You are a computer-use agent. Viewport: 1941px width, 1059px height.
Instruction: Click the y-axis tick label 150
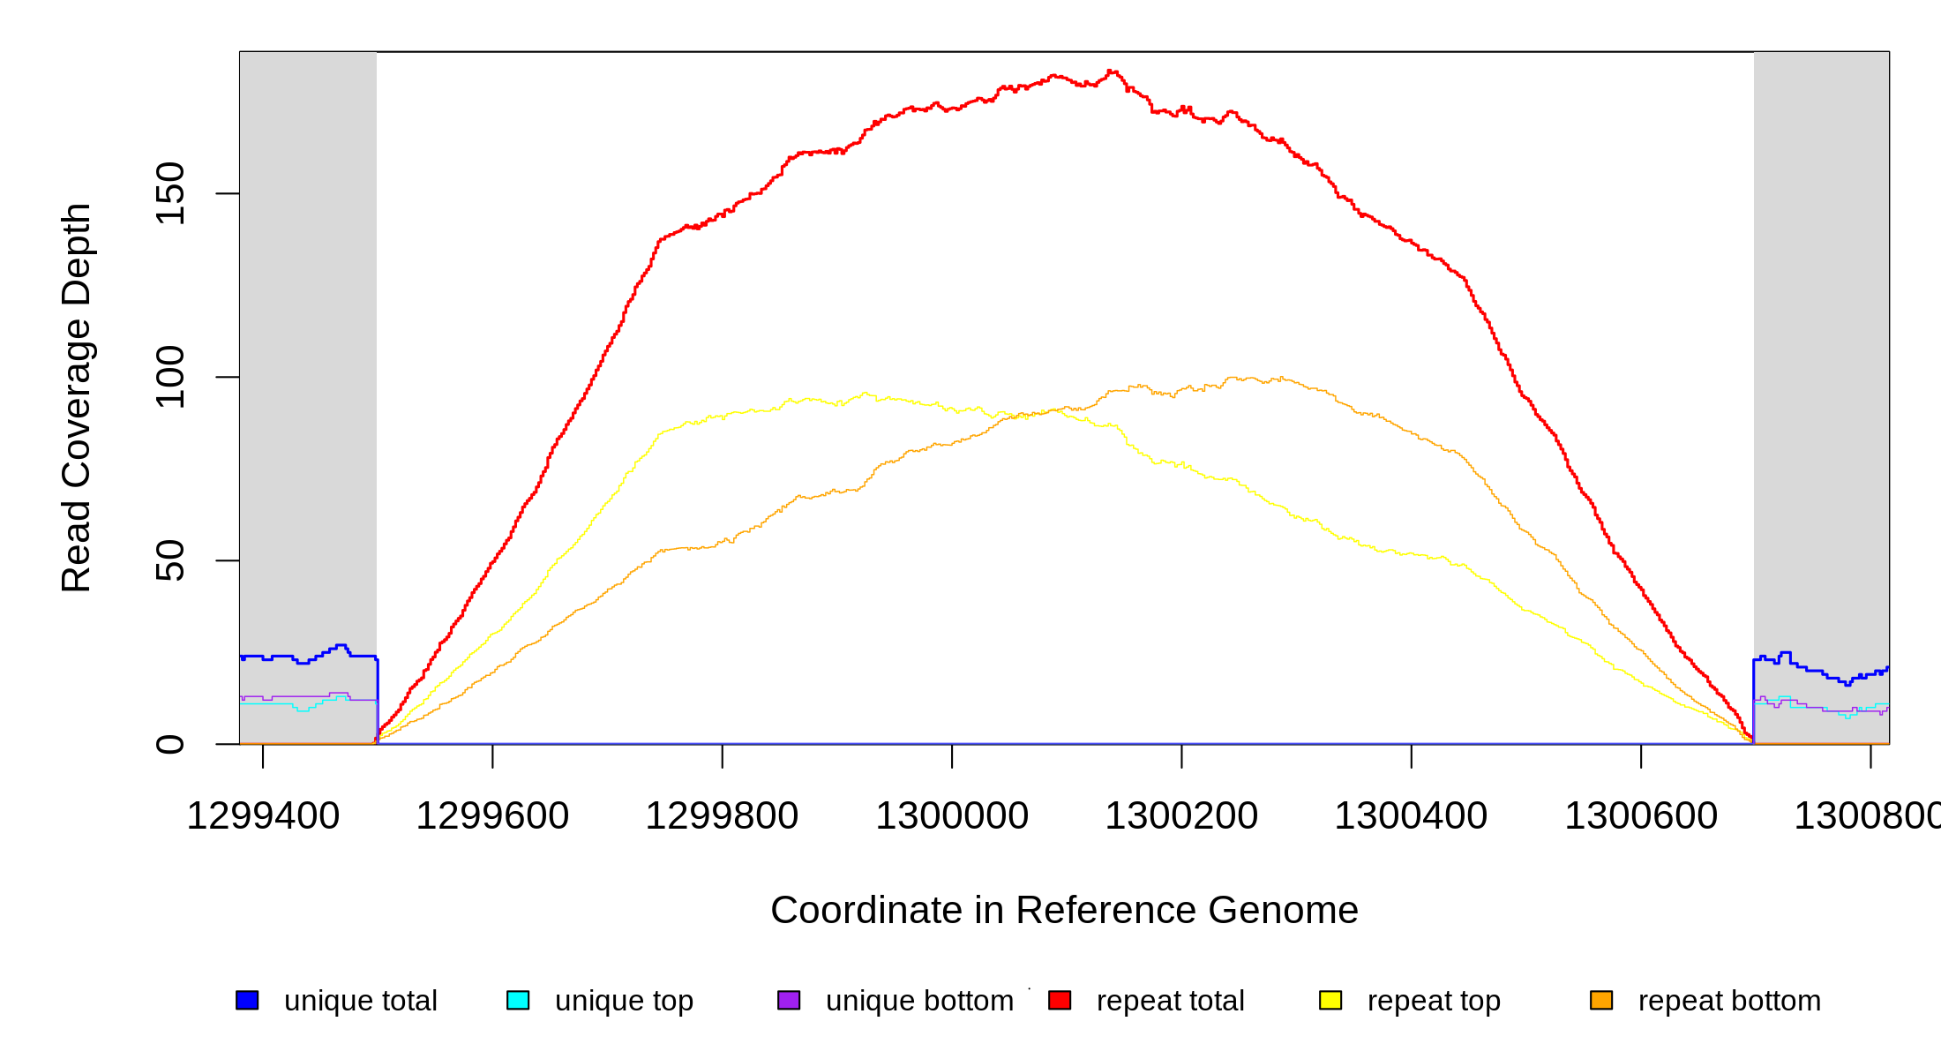pos(169,193)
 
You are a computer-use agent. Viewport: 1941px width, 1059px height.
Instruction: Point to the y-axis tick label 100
pos(169,377)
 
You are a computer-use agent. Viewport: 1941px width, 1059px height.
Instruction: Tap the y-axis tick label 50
pos(169,560)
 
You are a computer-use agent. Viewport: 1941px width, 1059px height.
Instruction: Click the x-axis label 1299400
pos(263,815)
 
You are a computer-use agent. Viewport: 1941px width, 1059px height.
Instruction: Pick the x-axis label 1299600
pos(492,815)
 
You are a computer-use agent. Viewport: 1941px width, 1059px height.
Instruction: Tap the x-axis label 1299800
pos(722,815)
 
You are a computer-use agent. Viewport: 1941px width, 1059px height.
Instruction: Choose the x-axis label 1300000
pos(952,815)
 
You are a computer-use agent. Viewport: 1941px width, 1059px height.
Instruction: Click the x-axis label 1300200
pos(1181,815)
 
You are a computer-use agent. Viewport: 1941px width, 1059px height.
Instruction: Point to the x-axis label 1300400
pos(1411,815)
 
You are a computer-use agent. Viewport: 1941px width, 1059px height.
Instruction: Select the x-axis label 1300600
pos(1641,815)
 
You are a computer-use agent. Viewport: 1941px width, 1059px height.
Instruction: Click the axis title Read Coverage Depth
pos(76,397)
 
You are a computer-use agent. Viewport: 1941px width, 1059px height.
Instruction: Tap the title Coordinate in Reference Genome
pos(1064,910)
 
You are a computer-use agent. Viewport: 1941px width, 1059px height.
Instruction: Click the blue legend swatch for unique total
pos(247,1000)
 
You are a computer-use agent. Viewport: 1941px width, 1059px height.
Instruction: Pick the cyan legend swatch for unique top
pos(518,1000)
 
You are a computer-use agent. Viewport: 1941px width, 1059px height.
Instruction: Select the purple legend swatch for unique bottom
pos(789,1000)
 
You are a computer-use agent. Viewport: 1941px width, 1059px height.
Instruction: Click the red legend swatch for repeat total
pos(1060,1000)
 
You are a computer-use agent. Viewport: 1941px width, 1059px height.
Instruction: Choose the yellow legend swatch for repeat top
pos(1330,1000)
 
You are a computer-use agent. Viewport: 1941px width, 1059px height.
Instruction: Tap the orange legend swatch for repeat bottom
pos(1601,1000)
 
